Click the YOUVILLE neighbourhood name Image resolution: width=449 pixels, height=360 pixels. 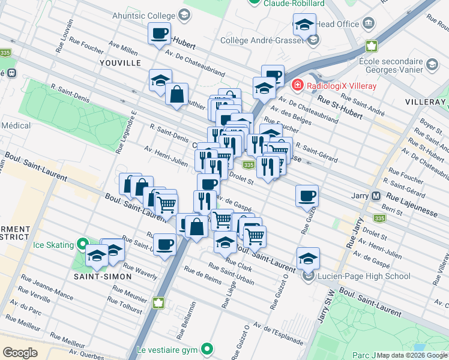click(121, 62)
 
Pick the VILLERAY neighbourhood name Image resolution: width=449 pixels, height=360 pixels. click(424, 102)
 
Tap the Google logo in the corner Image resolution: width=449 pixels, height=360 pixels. click(20, 353)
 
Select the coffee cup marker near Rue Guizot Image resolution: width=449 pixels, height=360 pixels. click(307, 195)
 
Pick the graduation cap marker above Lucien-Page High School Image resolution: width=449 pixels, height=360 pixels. click(308, 258)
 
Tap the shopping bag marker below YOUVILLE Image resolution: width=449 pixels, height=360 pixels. click(176, 94)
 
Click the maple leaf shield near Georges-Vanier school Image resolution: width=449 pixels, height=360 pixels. click(371, 46)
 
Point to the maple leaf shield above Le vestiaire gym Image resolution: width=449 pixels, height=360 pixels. click(159, 302)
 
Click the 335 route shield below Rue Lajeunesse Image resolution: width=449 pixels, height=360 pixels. click(379, 218)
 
